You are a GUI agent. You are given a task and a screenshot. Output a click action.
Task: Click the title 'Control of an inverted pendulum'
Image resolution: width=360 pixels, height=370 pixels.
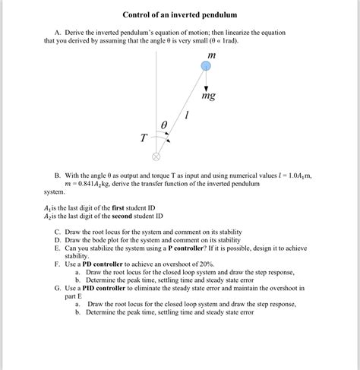(x=180, y=14)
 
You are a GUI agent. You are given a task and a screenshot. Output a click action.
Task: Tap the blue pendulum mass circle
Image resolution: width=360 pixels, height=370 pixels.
(x=206, y=67)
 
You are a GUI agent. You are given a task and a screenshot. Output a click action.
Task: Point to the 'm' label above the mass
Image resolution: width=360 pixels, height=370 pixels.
(x=211, y=55)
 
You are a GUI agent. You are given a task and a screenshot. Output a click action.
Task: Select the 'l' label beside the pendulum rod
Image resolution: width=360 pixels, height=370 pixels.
(x=187, y=114)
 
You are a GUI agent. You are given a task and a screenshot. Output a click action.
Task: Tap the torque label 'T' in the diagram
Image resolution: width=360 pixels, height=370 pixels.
(x=144, y=138)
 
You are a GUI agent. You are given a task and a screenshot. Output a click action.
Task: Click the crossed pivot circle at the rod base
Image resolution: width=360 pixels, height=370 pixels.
(x=156, y=157)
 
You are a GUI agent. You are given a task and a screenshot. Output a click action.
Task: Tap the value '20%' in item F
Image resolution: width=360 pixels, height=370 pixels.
(x=230, y=263)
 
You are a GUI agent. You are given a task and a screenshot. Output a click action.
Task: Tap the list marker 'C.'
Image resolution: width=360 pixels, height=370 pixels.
(x=58, y=231)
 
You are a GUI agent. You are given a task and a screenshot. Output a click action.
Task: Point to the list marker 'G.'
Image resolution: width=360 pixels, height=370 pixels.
(x=58, y=288)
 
